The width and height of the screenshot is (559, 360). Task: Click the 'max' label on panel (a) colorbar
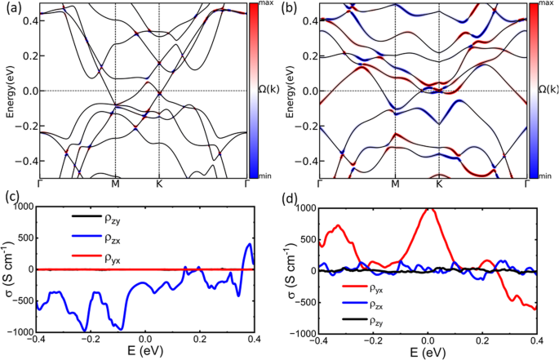(265, 5)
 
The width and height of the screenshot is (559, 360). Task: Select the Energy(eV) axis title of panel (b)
(291, 90)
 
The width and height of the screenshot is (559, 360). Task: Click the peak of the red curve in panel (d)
(428, 209)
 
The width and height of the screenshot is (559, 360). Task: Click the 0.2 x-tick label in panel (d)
(483, 341)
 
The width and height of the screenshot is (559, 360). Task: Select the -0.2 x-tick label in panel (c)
(89, 341)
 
